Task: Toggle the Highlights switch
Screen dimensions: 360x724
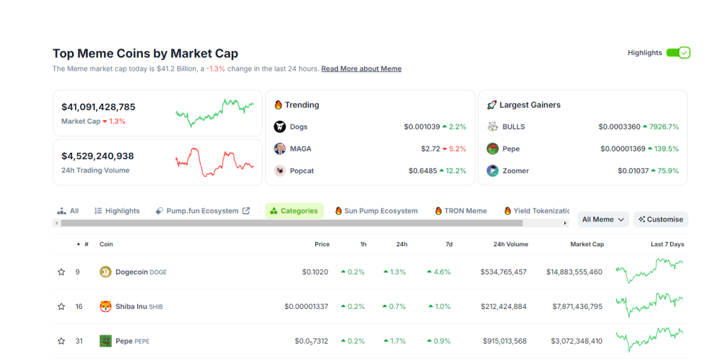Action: (678, 52)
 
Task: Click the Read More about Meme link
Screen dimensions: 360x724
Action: (361, 69)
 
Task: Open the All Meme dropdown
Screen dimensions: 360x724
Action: (603, 219)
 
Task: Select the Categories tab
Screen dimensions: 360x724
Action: (294, 211)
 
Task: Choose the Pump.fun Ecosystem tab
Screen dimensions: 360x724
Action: (202, 211)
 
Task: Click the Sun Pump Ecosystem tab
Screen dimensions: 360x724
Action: (376, 211)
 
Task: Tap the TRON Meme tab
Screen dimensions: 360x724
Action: (461, 211)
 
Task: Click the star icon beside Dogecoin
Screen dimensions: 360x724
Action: (62, 272)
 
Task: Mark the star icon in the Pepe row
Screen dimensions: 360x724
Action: (62, 341)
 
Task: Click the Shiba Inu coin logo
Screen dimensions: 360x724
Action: (105, 306)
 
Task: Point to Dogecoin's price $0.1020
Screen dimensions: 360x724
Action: (315, 272)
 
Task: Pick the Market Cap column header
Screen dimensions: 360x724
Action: (587, 244)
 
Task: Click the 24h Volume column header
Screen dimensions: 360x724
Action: (510, 244)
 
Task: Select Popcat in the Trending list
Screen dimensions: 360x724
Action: (301, 170)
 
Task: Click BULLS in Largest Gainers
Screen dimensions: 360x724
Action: (513, 127)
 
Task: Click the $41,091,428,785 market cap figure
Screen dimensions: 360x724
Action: (98, 107)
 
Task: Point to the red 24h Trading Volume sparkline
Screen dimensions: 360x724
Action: (214, 161)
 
